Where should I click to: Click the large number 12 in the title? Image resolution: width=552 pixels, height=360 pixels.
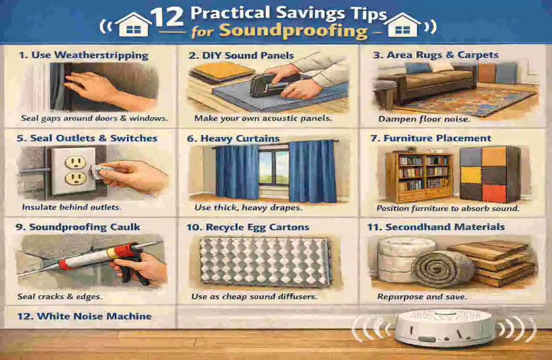click(x=167, y=17)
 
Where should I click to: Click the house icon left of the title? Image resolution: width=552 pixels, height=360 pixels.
click(x=132, y=25)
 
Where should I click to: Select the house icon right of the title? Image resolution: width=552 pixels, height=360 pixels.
click(x=402, y=25)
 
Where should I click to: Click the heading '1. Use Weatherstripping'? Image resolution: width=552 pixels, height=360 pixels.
click(x=83, y=55)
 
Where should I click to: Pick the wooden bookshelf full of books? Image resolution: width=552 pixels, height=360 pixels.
click(x=419, y=175)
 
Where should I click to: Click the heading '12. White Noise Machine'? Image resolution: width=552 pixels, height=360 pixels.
click(x=87, y=316)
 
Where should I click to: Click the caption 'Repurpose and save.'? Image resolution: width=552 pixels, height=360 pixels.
click(x=421, y=297)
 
